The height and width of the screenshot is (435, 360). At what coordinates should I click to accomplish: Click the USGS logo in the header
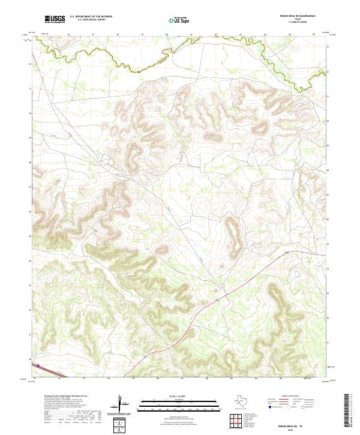pyautogui.click(x=55, y=19)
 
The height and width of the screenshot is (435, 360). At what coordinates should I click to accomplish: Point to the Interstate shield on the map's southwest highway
pyautogui.click(x=38, y=365)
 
